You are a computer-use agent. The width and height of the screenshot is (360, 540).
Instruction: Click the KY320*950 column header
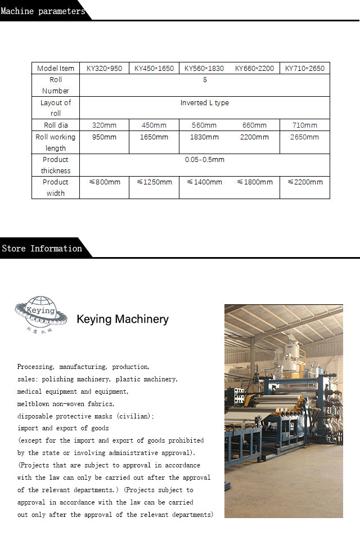(x=104, y=69)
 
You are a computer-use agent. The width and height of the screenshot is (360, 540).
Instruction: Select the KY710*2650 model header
(x=304, y=69)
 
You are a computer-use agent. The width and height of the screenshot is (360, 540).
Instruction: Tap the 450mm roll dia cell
(x=154, y=125)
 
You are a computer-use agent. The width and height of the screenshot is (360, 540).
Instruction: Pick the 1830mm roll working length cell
(x=204, y=137)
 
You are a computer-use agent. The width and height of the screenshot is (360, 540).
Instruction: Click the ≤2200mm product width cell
(x=305, y=182)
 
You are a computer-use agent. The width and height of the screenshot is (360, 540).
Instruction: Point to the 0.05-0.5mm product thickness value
(x=205, y=160)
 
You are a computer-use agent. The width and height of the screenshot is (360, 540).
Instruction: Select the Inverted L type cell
(x=205, y=103)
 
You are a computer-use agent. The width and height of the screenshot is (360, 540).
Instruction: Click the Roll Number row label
(x=56, y=85)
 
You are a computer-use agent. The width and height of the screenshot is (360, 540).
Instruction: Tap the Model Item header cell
(x=56, y=69)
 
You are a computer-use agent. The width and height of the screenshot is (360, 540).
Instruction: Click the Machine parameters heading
(x=43, y=11)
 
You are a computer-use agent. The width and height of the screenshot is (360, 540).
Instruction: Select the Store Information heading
(x=42, y=248)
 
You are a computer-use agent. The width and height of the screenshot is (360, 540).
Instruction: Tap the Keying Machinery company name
(x=123, y=319)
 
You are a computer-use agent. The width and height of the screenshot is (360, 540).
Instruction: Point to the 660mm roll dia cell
(x=254, y=125)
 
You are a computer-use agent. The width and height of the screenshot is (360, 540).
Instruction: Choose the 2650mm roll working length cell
(x=304, y=137)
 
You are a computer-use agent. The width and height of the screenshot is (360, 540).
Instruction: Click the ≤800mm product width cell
(x=105, y=182)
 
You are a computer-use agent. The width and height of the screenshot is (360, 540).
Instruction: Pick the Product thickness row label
(x=56, y=165)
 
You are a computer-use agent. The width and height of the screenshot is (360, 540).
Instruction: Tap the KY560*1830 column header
(x=204, y=69)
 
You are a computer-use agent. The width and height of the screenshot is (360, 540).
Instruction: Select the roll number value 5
(x=205, y=80)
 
